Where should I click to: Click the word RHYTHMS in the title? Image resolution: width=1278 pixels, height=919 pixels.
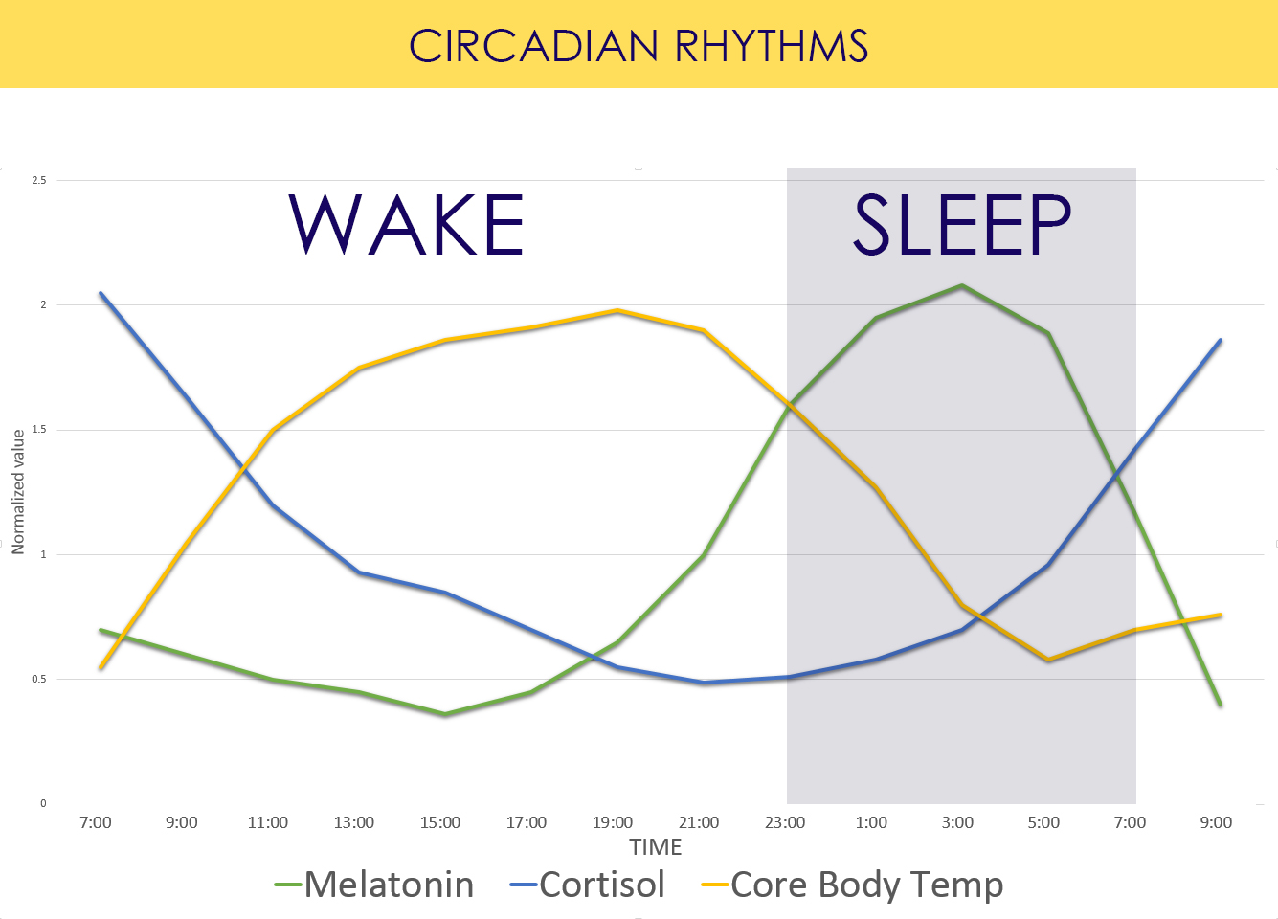tap(772, 46)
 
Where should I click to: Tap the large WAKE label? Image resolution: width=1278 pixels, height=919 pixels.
tap(407, 226)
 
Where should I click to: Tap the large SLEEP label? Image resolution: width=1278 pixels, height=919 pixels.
tap(961, 226)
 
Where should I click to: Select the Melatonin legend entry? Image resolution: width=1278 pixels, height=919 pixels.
tap(389, 885)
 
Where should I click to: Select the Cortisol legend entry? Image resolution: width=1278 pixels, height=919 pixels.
tap(601, 885)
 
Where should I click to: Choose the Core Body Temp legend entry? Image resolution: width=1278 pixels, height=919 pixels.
tap(866, 885)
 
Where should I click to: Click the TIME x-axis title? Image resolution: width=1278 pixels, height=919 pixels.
tap(655, 847)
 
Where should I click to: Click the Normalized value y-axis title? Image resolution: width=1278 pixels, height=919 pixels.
tap(18, 492)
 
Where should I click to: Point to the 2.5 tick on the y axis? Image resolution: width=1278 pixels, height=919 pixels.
tap(39, 180)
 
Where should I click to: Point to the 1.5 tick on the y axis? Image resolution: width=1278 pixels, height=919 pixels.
tap(39, 430)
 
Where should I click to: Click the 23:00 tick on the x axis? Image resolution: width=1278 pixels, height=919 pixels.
tap(785, 822)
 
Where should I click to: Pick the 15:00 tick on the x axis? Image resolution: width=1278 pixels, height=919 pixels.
tap(440, 822)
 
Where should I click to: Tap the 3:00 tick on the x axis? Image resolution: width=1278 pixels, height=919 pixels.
tap(957, 822)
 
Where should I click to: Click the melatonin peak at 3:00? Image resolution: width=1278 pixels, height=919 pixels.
tap(961, 285)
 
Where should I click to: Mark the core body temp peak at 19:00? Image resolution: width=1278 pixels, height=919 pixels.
tap(617, 310)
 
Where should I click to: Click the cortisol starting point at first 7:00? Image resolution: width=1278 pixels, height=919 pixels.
tap(101, 293)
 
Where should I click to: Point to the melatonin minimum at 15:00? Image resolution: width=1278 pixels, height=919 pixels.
tap(445, 714)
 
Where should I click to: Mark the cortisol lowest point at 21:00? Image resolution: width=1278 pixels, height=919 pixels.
tap(704, 683)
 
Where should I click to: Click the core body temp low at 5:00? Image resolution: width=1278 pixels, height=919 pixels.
tap(1048, 661)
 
